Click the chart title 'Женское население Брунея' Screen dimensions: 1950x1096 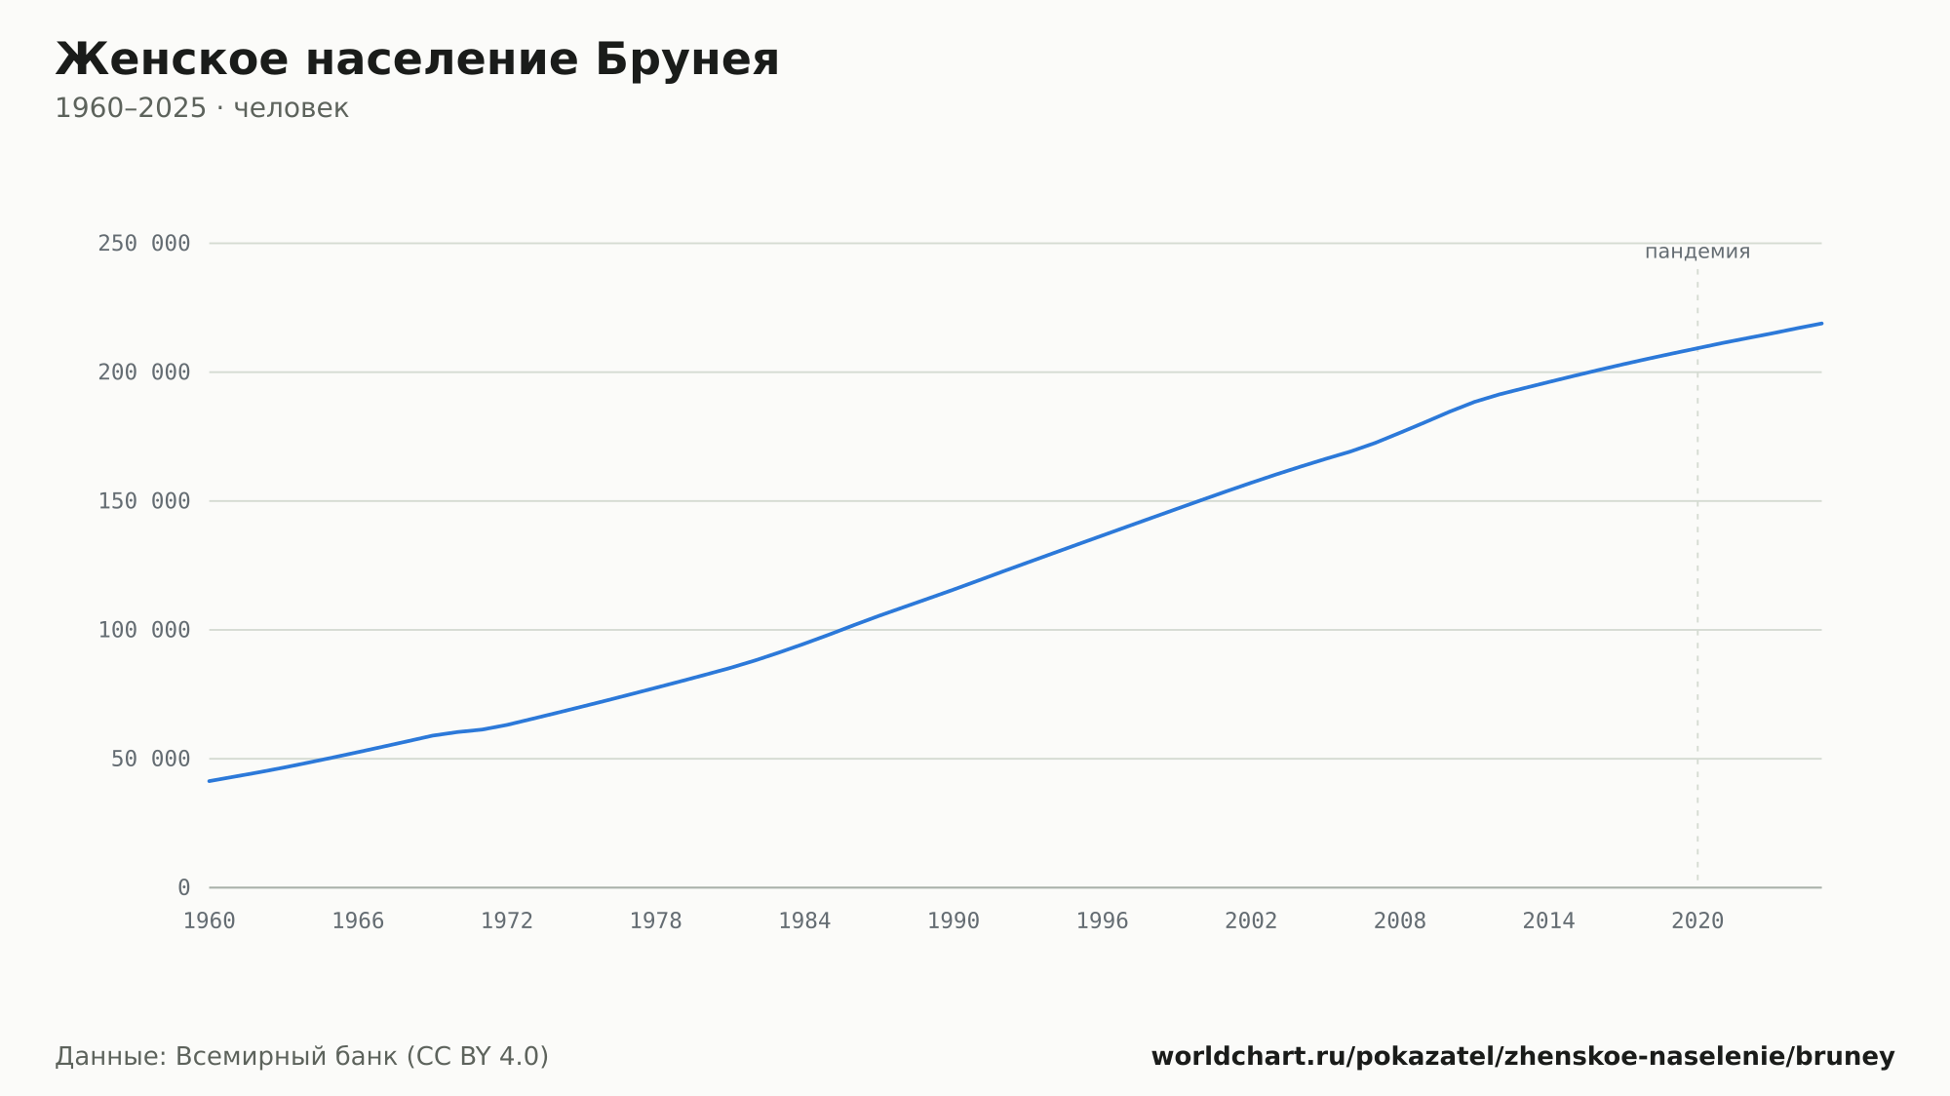[417, 59]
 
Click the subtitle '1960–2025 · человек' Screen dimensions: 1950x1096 [202, 108]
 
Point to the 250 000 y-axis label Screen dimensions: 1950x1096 [144, 244]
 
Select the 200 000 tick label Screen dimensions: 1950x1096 [144, 372]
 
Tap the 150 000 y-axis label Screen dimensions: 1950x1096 [144, 501]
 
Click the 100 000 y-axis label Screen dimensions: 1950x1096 [144, 630]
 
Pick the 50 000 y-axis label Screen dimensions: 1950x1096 [151, 759]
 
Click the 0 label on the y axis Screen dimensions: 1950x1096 [184, 887]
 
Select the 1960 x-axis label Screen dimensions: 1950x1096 [210, 921]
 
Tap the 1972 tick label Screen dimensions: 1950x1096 [507, 921]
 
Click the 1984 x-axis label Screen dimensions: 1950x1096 [804, 921]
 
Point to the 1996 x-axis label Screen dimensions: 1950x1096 [1102, 921]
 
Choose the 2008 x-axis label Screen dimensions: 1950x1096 [1400, 921]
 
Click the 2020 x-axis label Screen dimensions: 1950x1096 [1697, 921]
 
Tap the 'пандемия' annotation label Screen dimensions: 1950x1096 [1697, 252]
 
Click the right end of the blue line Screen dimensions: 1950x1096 [1821, 323]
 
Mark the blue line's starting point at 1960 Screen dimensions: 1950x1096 [210, 781]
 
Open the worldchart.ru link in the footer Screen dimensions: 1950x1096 [1523, 1056]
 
